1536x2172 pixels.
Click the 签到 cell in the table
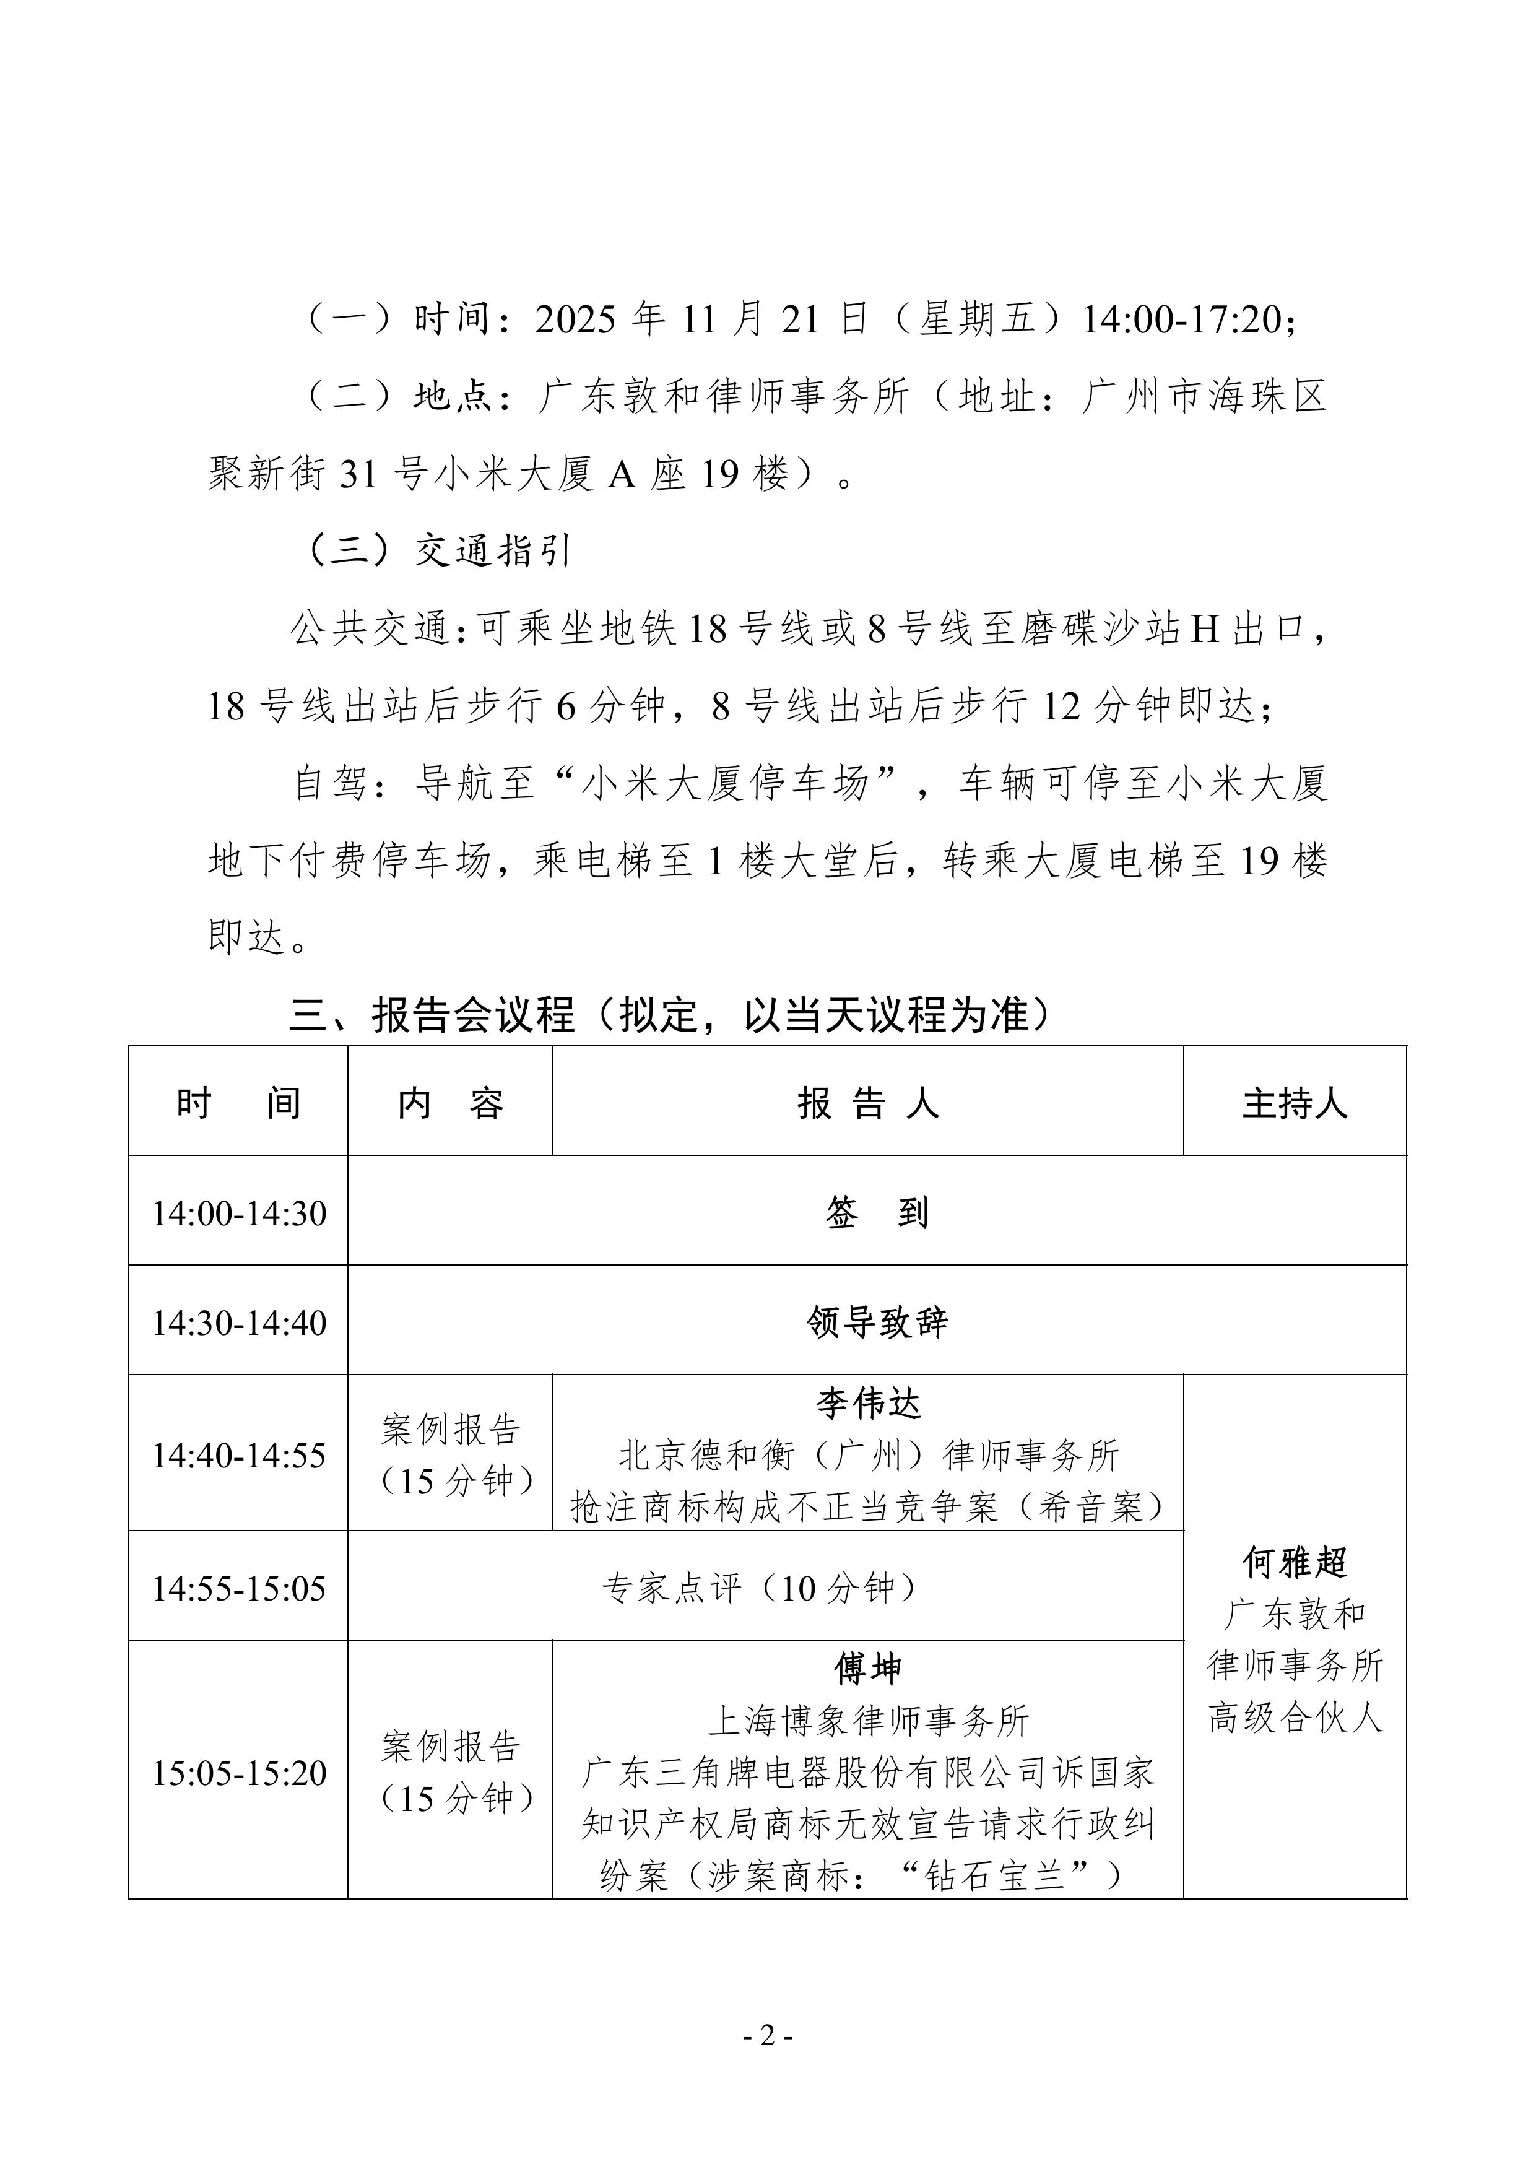point(877,1214)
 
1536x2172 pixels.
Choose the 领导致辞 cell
point(877,1323)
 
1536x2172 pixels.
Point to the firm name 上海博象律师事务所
point(868,1721)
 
